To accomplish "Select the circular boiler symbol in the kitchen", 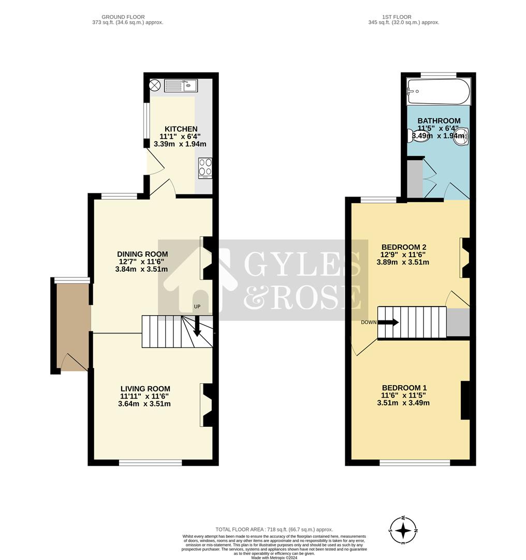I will pos(155,86).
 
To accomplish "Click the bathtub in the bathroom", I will pos(439,92).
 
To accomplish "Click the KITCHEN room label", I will pos(181,129).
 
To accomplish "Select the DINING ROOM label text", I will pos(142,254).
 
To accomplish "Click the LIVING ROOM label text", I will pos(145,389).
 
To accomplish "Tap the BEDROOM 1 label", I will pos(404,388).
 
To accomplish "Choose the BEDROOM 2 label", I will pos(403,247).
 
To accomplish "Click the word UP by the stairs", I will pos(197,307).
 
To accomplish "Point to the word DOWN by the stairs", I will pos(369,322).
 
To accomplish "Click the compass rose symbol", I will pos(403,530).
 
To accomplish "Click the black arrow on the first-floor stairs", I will pos(388,322).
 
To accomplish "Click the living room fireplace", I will pos(206,405).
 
